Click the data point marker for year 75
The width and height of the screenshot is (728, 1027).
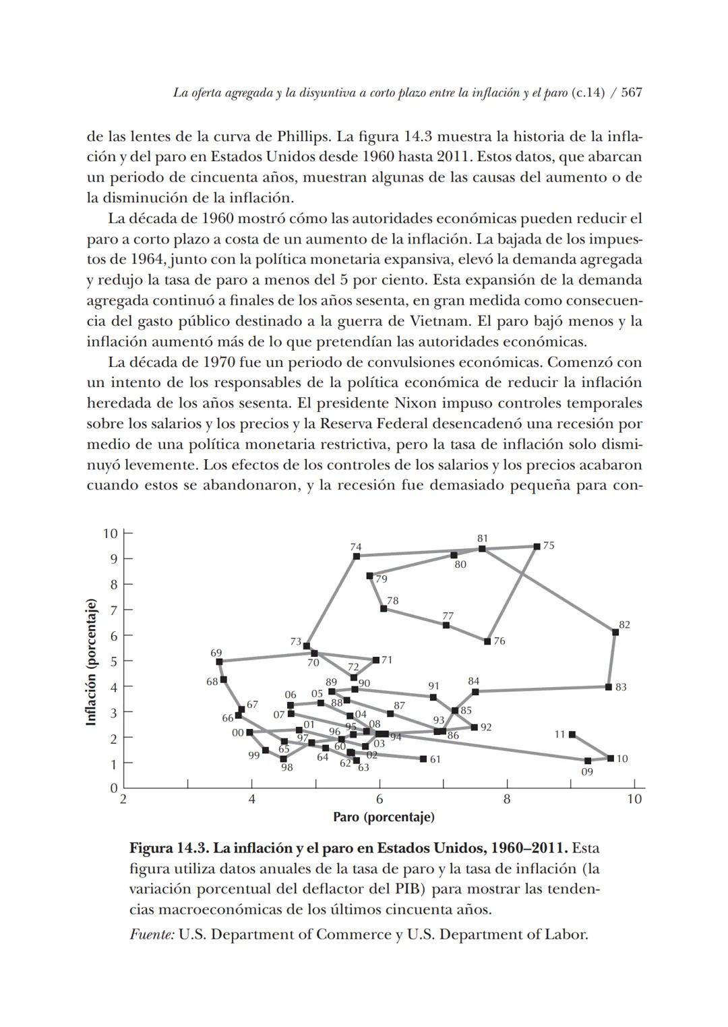537,546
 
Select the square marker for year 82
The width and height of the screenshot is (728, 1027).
615,632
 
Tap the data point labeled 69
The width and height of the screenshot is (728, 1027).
219,662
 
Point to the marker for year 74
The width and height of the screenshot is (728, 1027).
357,556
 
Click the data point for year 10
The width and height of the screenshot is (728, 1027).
610,759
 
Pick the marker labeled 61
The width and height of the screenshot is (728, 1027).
423,759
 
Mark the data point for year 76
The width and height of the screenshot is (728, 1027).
487,641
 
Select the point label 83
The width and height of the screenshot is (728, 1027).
621,687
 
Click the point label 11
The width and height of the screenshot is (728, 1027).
559,734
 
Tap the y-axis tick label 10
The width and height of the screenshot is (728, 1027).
110,533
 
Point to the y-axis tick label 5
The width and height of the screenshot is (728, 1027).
114,662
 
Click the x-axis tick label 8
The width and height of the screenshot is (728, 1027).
507,799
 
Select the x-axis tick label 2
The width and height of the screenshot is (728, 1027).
123,799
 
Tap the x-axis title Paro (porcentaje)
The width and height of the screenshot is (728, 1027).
384,817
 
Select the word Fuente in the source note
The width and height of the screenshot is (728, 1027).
151,935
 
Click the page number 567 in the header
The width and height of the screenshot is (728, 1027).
631,92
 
